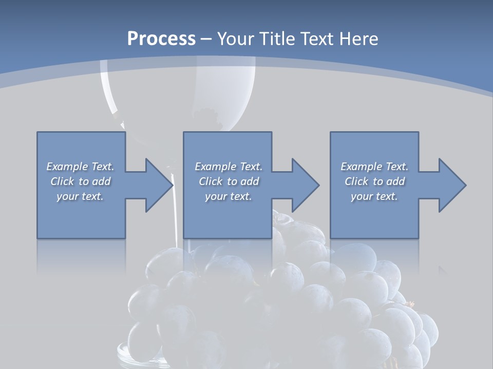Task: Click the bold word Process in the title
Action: coord(161,39)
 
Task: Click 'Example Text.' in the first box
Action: coord(81,167)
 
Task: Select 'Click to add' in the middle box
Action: coord(229,181)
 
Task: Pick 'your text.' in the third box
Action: coord(374,196)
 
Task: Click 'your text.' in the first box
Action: coord(81,196)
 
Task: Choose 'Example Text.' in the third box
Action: coord(374,167)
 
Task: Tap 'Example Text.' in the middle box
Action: coord(229,167)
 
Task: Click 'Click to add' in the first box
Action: coord(81,181)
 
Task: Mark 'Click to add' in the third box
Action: coord(374,181)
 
